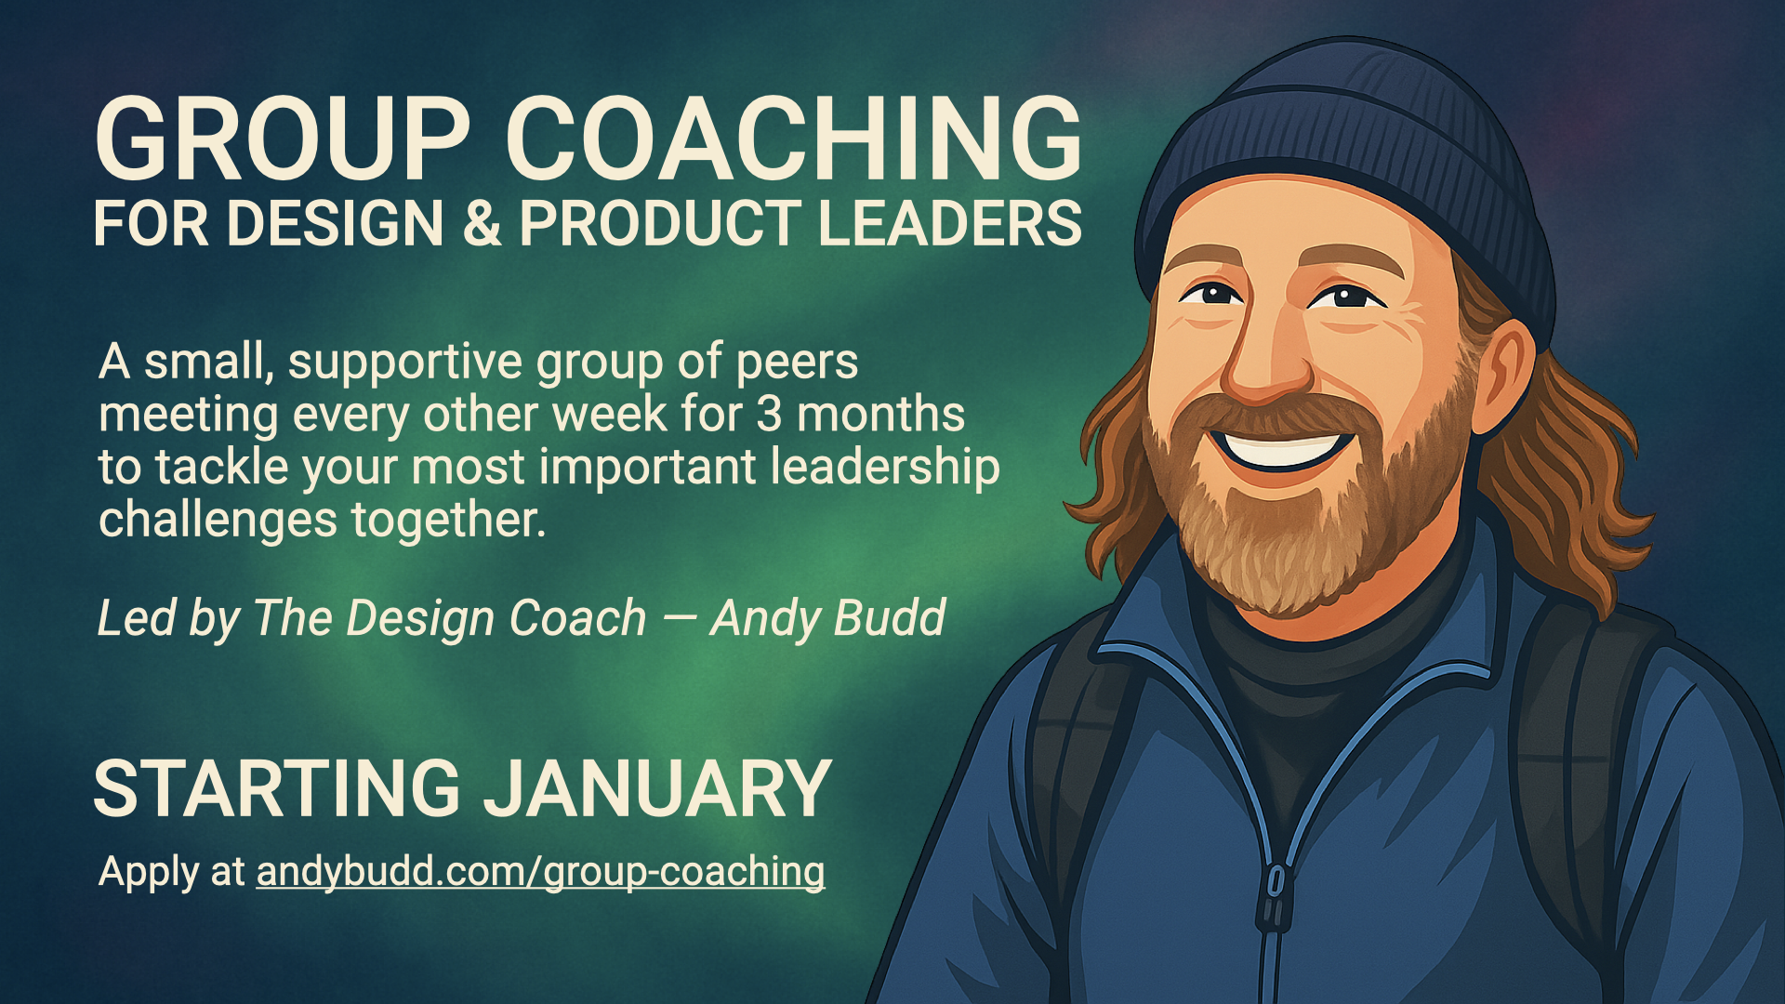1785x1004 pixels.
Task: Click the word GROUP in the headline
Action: point(283,139)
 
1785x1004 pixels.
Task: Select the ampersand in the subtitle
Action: point(482,223)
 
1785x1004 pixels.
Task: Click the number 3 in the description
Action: point(768,415)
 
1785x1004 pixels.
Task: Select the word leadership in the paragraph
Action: point(886,468)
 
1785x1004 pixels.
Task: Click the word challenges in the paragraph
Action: point(218,521)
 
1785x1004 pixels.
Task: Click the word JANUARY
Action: point(658,788)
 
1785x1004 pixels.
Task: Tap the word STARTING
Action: point(277,788)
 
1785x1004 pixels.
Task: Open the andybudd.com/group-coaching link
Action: point(540,873)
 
